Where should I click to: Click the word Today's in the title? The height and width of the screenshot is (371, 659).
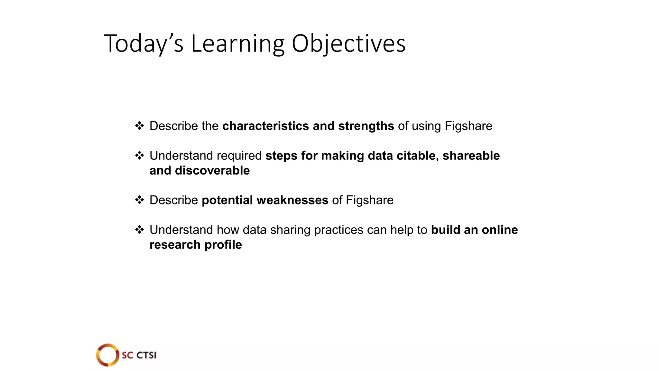pyautogui.click(x=144, y=43)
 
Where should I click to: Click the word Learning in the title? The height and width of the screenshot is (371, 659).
pyautogui.click(x=238, y=43)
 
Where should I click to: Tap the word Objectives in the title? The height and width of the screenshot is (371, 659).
pyautogui.click(x=348, y=43)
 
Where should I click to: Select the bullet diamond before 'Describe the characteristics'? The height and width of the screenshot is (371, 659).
pyautogui.click(x=139, y=126)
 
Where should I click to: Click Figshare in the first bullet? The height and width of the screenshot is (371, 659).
pyautogui.click(x=468, y=126)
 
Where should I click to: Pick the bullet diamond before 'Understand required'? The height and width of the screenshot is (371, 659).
pyautogui.click(x=139, y=156)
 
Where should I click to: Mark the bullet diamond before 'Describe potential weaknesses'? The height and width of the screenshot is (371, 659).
pyautogui.click(x=139, y=200)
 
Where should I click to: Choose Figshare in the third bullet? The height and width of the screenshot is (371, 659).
pyautogui.click(x=369, y=200)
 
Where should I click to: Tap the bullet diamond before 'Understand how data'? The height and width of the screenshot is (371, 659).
pyautogui.click(x=139, y=230)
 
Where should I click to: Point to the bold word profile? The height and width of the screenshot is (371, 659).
pyautogui.click(x=223, y=245)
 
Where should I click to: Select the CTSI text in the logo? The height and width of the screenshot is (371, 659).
pyautogui.click(x=146, y=355)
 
